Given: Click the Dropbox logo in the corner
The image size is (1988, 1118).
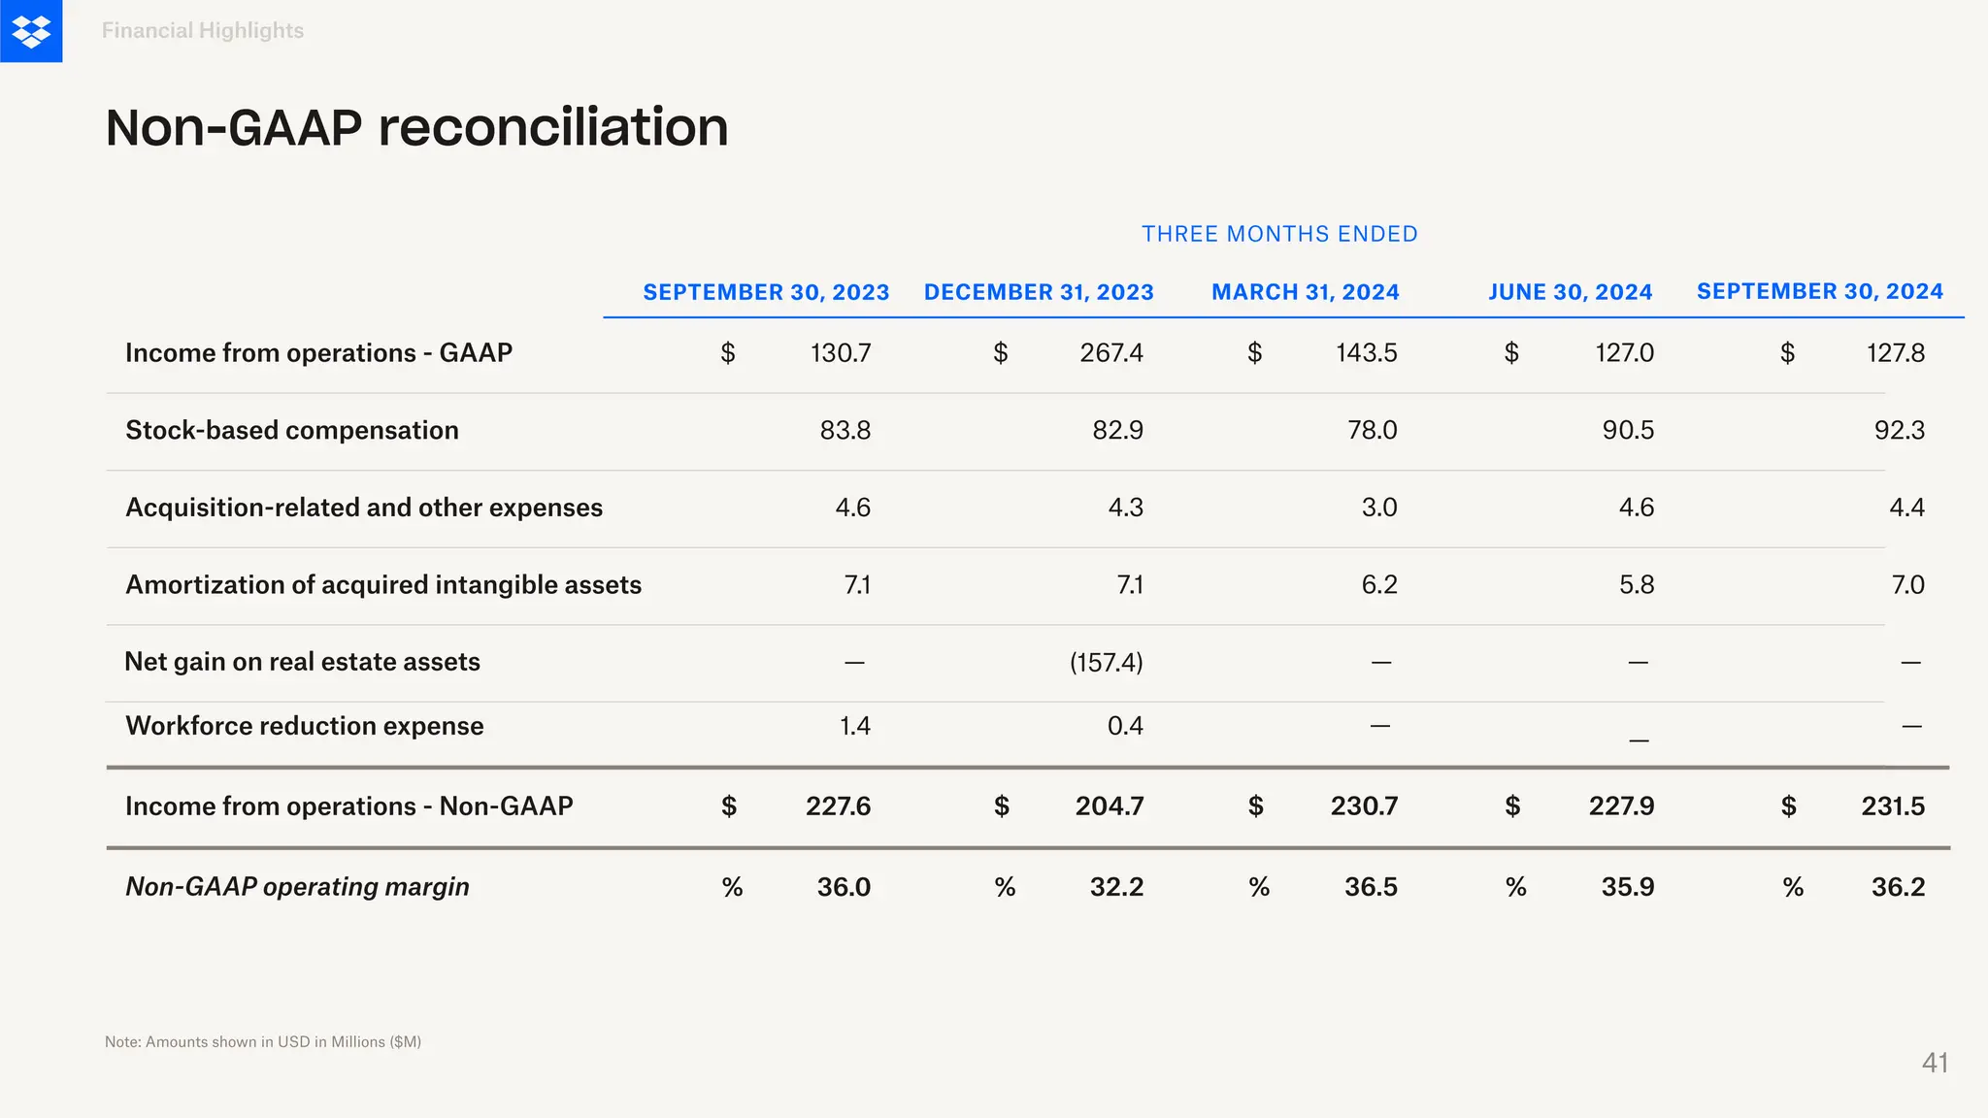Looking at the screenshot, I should tap(31, 31).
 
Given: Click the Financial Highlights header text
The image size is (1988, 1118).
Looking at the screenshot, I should tap(202, 31).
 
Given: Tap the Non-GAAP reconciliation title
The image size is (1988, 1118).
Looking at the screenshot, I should tap(416, 127).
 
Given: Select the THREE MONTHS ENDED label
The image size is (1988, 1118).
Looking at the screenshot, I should tap(1279, 234).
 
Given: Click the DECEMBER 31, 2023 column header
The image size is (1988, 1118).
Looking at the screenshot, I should tap(1039, 292).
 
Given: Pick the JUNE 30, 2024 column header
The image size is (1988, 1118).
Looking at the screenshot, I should tap(1570, 292).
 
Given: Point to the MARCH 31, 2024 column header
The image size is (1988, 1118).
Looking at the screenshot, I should tap(1305, 292).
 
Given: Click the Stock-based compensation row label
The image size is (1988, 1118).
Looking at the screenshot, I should tap(291, 430).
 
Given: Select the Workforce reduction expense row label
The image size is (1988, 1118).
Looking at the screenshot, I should tap(304, 726).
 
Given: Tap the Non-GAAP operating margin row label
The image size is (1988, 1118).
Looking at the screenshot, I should tap(297, 886).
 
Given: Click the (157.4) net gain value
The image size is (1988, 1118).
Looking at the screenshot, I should tap(1106, 662).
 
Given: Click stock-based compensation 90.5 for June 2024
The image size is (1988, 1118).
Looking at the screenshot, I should tap(1628, 430).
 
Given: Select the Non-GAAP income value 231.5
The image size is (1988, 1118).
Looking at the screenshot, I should tap(1892, 806).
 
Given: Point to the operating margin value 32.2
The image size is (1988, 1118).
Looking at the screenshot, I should tap(1116, 886).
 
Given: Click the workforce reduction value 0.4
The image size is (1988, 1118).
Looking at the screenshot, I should tap(1125, 726).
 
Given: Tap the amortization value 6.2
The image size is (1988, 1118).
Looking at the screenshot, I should tap(1378, 584).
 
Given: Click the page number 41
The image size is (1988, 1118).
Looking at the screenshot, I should tap(1935, 1063).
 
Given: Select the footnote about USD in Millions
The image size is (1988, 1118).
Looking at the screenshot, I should tap(263, 1041).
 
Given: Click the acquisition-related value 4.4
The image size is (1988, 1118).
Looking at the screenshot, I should tap(1906, 508).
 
